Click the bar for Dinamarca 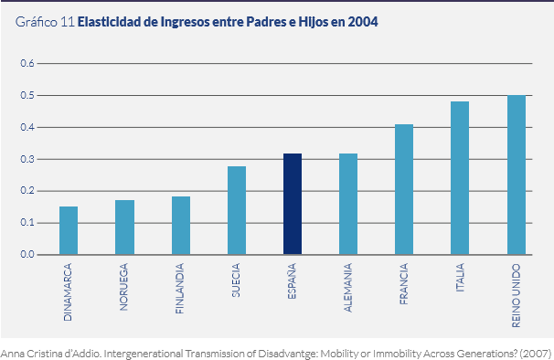(x=69, y=230)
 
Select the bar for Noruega (x=124, y=228)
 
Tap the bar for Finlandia (x=181, y=226)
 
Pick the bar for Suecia (x=237, y=210)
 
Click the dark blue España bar (x=293, y=204)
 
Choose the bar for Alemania (x=348, y=204)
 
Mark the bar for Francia (x=404, y=189)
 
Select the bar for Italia (x=460, y=178)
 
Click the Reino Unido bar (x=517, y=175)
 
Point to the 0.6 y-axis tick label (x=27, y=64)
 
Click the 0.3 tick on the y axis (x=27, y=159)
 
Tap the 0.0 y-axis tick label (x=27, y=255)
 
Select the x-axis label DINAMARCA (x=69, y=291)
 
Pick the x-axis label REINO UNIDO (x=517, y=295)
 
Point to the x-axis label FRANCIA (x=404, y=285)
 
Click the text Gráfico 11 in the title (x=45, y=22)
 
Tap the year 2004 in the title (x=361, y=22)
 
